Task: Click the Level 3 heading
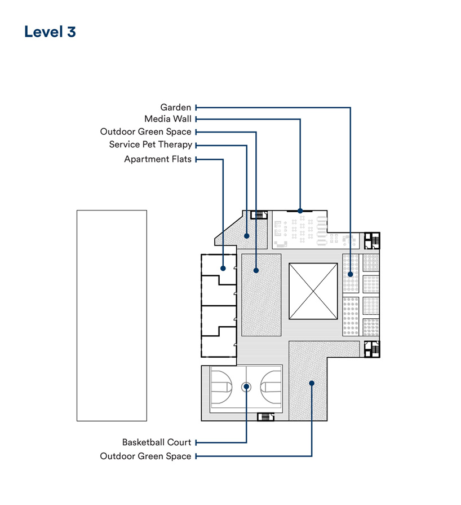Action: pos(50,32)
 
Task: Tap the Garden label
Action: pos(176,107)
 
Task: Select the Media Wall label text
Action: pos(168,119)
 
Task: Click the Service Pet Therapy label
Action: pos(150,144)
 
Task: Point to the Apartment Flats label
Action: pos(158,159)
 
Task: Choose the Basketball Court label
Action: pos(157,442)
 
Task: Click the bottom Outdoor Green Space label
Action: pos(145,456)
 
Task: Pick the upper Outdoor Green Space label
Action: pos(146,131)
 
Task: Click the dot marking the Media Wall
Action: pos(300,211)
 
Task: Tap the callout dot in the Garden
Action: pos(351,274)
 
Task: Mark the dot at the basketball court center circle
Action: pos(246,387)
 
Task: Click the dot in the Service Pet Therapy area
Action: pos(247,236)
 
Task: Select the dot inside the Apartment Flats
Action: pos(223,268)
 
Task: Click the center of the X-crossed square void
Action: pos(313,291)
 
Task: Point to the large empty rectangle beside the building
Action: pos(112,315)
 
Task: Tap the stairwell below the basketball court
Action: pos(266,417)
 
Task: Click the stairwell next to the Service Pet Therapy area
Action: pos(259,215)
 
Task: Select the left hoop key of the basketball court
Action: pos(222,387)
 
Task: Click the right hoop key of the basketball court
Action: pos(271,387)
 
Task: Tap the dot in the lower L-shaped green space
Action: pos(312,383)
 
